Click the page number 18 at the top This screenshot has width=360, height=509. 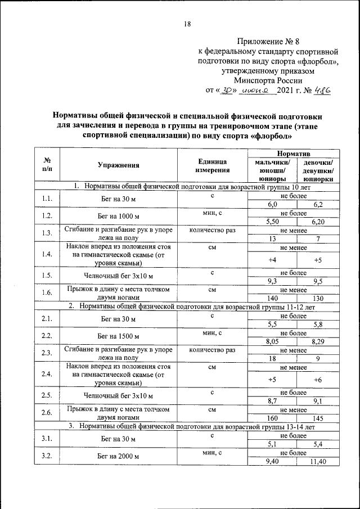[188, 24]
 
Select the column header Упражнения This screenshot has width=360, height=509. [118, 165]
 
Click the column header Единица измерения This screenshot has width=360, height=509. [213, 165]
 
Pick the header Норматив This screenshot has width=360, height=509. [294, 153]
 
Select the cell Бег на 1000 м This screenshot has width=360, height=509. [118, 215]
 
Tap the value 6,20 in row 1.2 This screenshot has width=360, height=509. [317, 222]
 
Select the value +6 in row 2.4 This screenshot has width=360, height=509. [317, 379]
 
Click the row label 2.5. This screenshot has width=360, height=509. [47, 395]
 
